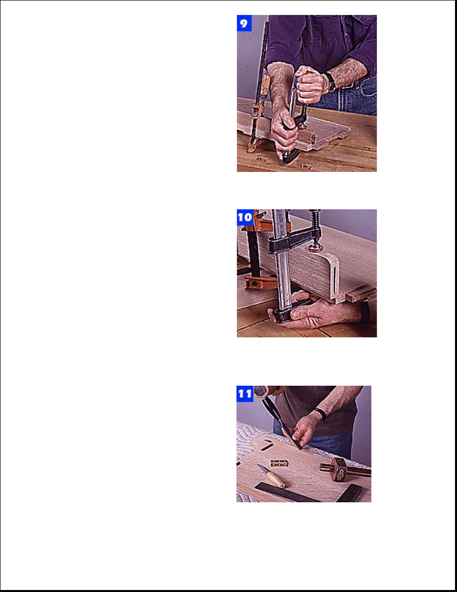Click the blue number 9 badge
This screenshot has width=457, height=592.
pyautogui.click(x=244, y=23)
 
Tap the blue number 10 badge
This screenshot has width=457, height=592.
pyautogui.click(x=245, y=217)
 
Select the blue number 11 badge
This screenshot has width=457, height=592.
pyautogui.click(x=245, y=394)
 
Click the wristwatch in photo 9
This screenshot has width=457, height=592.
pyautogui.click(x=331, y=82)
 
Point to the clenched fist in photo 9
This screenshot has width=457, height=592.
pyautogui.click(x=310, y=85)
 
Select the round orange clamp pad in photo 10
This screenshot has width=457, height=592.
pyautogui.click(x=316, y=248)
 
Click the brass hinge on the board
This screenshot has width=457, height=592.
pyautogui.click(x=279, y=463)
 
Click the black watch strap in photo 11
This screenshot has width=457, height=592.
pyautogui.click(x=321, y=415)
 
